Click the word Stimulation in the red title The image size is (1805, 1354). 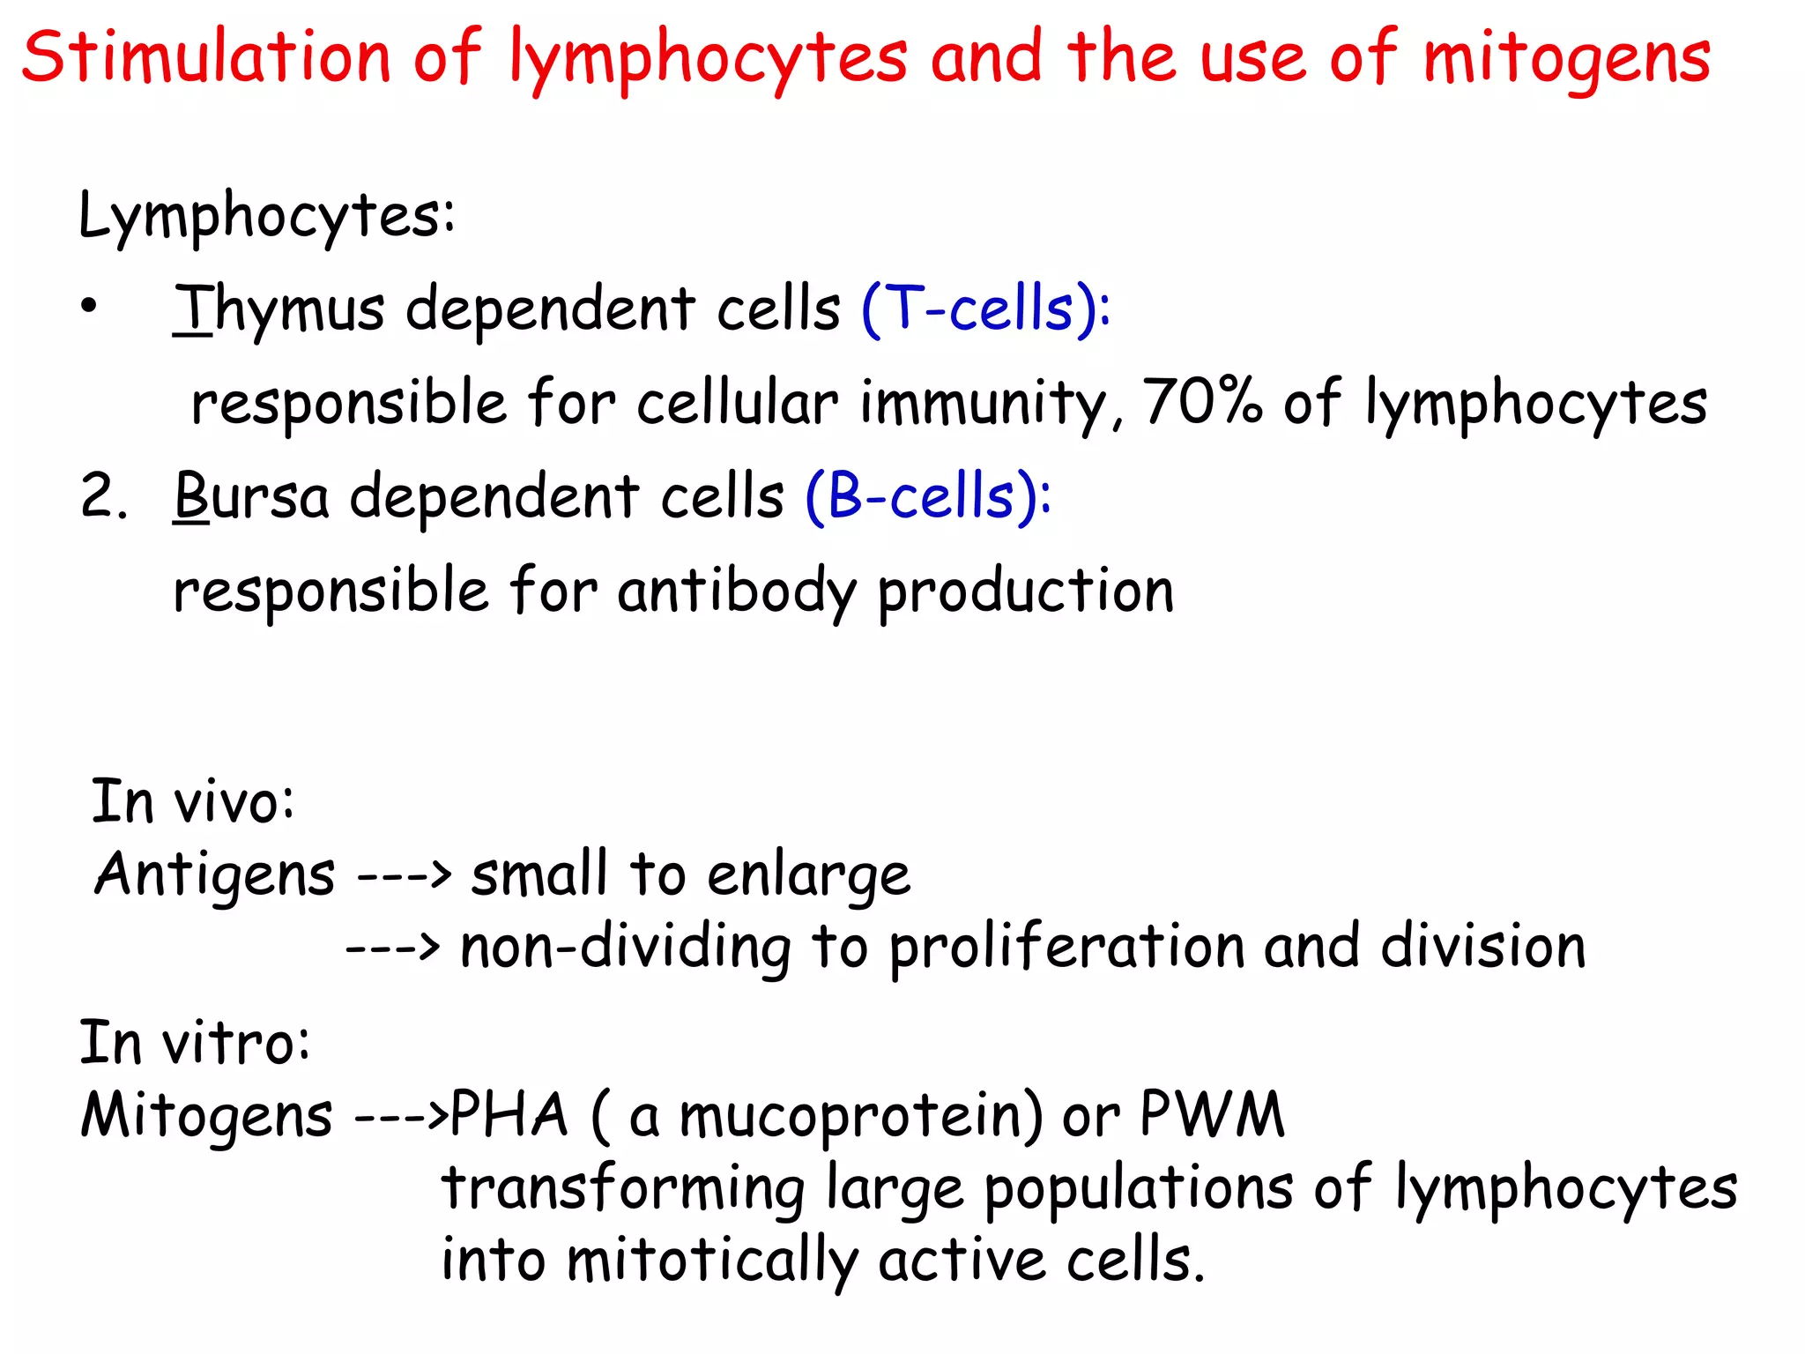205,58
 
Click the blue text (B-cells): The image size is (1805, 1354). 928,497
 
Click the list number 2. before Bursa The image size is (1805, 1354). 104,496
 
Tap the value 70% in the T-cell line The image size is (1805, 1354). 1201,402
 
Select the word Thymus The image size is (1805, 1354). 279,310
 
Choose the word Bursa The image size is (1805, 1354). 251,497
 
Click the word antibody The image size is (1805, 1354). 736,591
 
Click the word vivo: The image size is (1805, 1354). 234,803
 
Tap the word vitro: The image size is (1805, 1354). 237,1044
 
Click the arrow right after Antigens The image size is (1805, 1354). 404,875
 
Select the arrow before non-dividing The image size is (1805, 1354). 392,948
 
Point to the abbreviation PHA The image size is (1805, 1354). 509,1115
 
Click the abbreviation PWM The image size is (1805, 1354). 1212,1115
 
